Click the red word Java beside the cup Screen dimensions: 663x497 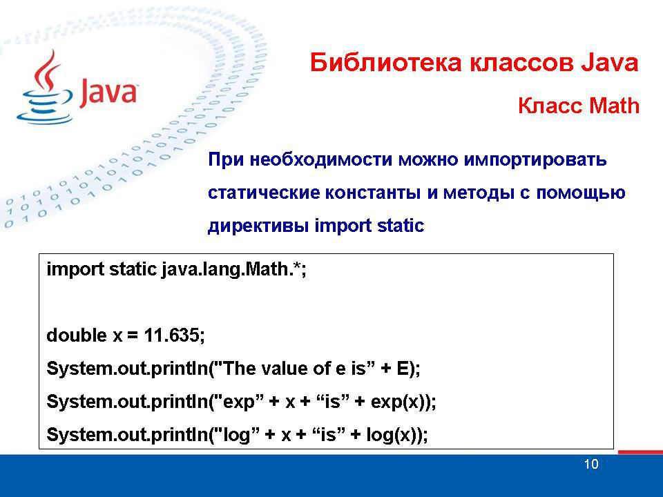(108, 91)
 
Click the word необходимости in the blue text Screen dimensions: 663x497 (321, 160)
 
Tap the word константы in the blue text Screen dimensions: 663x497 (372, 193)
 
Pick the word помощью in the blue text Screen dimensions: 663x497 (581, 193)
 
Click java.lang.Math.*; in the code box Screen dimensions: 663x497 (234, 270)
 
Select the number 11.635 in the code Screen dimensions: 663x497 (171, 335)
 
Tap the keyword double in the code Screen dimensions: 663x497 (77, 335)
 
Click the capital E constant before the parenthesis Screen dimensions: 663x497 (403, 369)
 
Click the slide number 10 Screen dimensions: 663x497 (591, 464)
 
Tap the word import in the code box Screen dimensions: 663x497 (75, 270)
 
